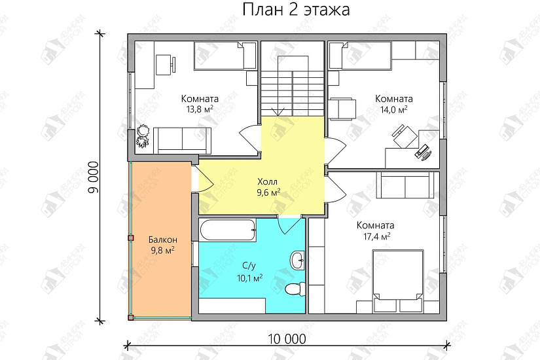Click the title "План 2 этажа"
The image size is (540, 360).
tap(296, 10)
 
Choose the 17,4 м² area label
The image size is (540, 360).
tap(375, 236)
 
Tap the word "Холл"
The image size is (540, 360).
tap(267, 181)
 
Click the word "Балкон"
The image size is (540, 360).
tap(160, 239)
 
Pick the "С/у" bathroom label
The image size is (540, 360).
tap(249, 266)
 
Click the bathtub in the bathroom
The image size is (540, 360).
tap(228, 230)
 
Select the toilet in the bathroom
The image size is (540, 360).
tap(293, 288)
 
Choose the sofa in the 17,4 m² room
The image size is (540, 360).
tap(405, 185)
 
